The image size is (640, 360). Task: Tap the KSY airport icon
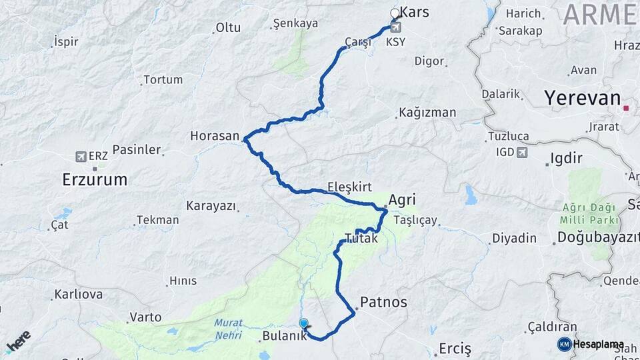pyautogui.click(x=396, y=28)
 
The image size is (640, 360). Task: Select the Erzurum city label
pyautogui.click(x=95, y=179)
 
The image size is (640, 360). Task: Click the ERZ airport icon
pyautogui.click(x=81, y=157)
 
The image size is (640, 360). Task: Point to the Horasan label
pyautogui.click(x=214, y=135)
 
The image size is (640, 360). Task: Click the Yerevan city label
pyautogui.click(x=582, y=98)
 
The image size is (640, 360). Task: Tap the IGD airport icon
pyautogui.click(x=522, y=152)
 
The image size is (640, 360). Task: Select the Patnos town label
pyautogui.click(x=383, y=302)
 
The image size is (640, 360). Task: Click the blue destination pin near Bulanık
pyautogui.click(x=304, y=325)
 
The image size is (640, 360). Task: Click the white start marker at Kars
pyautogui.click(x=395, y=13)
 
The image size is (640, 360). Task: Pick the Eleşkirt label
pyautogui.click(x=349, y=187)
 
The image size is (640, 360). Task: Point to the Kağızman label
pyautogui.click(x=427, y=112)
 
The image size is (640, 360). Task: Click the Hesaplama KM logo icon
pyautogui.click(x=564, y=344)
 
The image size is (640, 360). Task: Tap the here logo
pyautogui.click(x=19, y=341)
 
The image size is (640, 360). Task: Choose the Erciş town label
pyautogui.click(x=455, y=348)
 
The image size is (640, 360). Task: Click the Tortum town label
pyautogui.click(x=163, y=79)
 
